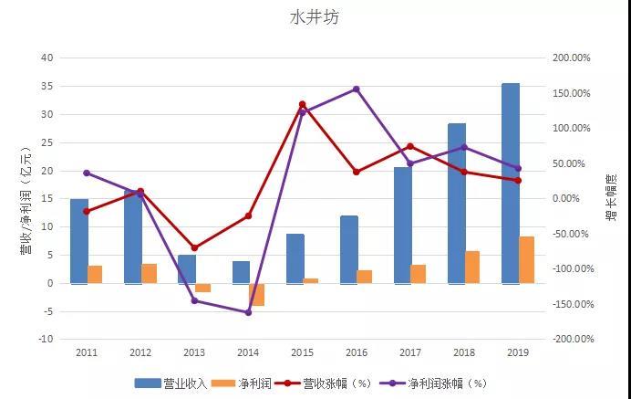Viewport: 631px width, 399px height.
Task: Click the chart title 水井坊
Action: (x=315, y=17)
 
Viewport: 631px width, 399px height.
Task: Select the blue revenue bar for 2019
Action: (x=511, y=183)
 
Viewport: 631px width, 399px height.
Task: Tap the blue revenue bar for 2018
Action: (x=457, y=203)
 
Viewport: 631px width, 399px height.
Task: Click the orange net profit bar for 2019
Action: (x=526, y=259)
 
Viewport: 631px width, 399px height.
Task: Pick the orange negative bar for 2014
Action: (x=257, y=294)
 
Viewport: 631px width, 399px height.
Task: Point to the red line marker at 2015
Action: (x=302, y=105)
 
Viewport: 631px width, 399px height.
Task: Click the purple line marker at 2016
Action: (x=356, y=89)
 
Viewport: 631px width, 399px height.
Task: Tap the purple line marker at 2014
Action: (x=248, y=312)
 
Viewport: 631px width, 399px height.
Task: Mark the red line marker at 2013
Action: (x=194, y=247)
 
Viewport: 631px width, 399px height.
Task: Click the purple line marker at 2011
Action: (x=87, y=173)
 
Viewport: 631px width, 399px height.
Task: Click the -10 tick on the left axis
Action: (x=46, y=339)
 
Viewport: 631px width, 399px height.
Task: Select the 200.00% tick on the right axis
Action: (x=572, y=58)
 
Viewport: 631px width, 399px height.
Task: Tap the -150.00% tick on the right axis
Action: (x=572, y=304)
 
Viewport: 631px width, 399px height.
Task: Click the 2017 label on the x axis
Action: (x=409, y=352)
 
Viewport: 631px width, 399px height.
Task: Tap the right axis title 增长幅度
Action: (x=611, y=198)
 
